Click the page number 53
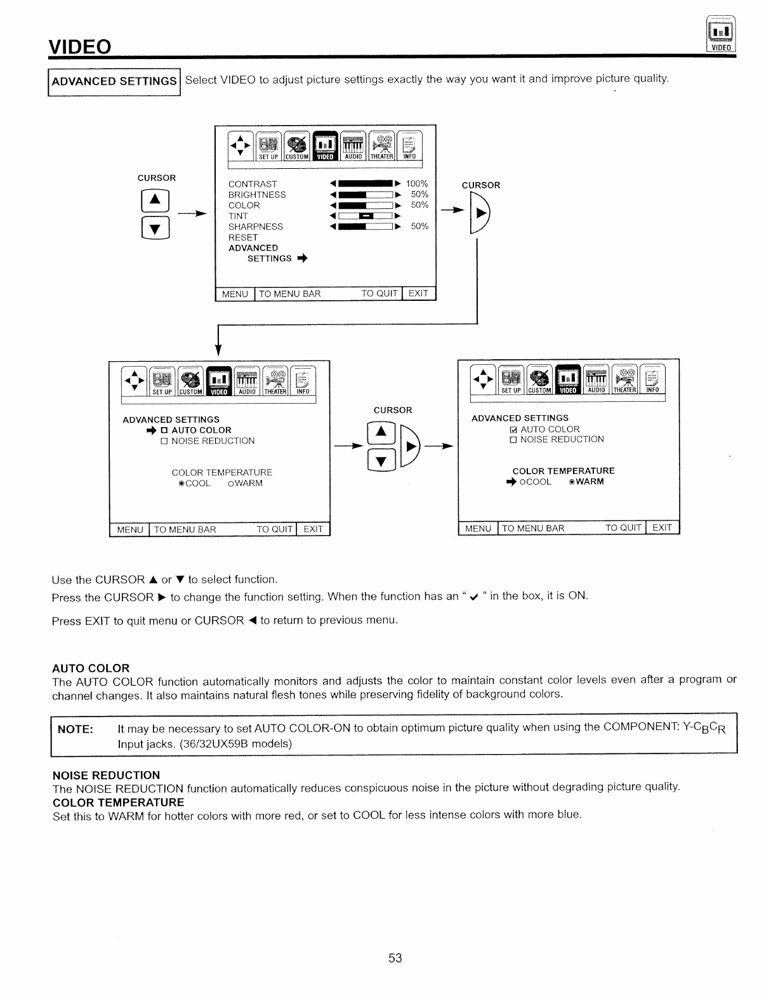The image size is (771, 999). point(395,958)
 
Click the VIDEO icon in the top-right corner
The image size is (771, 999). point(720,36)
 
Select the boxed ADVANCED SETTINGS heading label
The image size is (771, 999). point(114,81)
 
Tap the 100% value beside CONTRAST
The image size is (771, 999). point(417,184)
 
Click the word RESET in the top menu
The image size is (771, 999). point(243,237)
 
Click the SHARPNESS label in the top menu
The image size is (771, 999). point(256,227)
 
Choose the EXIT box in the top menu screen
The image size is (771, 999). point(418,293)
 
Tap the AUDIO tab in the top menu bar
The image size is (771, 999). point(353,147)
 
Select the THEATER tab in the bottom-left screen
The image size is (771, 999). point(275,383)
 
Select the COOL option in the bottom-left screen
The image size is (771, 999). point(194,484)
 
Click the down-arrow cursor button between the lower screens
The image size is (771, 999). point(381,460)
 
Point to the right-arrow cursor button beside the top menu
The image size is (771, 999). point(480,213)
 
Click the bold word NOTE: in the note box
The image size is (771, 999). point(76,729)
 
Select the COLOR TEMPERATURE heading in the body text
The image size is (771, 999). point(118,802)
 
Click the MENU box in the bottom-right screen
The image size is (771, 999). point(478,528)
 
